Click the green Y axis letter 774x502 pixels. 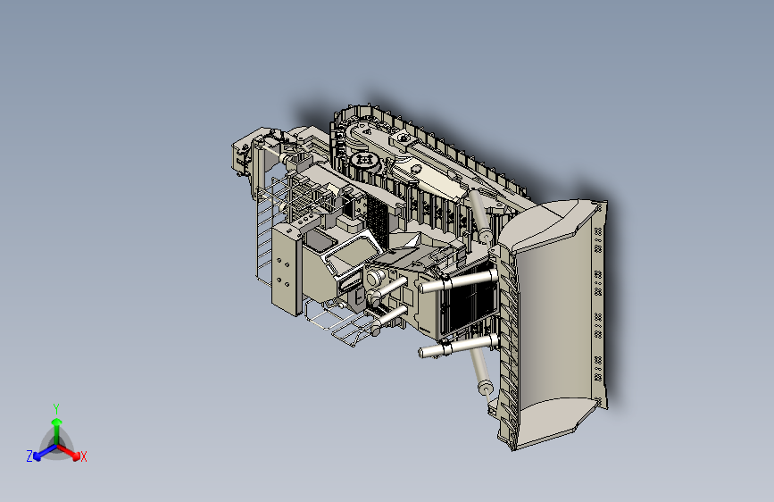[x=56, y=408]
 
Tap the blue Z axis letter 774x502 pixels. [x=29, y=456]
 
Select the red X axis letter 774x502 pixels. [x=83, y=456]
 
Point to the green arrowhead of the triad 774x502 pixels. [x=57, y=423]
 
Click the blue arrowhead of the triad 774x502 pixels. [x=37, y=456]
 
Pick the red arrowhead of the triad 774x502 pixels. [x=76, y=455]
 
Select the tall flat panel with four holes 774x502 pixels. [x=285, y=271]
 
